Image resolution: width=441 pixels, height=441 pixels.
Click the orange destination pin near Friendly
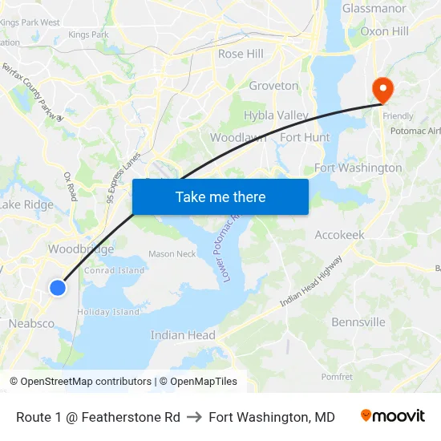click(382, 91)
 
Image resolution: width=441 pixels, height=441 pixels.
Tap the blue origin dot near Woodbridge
click(58, 287)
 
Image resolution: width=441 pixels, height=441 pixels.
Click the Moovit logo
click(392, 416)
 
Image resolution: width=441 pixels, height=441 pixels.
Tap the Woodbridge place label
click(80, 249)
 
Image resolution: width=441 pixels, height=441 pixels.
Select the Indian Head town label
click(183, 335)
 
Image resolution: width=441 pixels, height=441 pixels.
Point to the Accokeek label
click(339, 235)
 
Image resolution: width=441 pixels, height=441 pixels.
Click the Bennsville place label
click(358, 322)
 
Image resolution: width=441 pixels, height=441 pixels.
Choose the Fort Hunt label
click(305, 137)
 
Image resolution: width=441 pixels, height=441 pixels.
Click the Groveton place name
click(273, 86)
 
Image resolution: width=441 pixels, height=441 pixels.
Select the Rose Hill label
click(241, 54)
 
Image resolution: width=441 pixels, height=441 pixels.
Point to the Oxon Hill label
click(385, 31)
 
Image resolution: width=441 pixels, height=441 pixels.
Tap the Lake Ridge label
click(26, 204)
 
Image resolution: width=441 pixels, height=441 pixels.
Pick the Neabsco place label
click(31, 323)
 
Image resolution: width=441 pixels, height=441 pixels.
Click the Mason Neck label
click(172, 254)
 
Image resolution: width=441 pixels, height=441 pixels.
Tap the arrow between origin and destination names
click(194, 417)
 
